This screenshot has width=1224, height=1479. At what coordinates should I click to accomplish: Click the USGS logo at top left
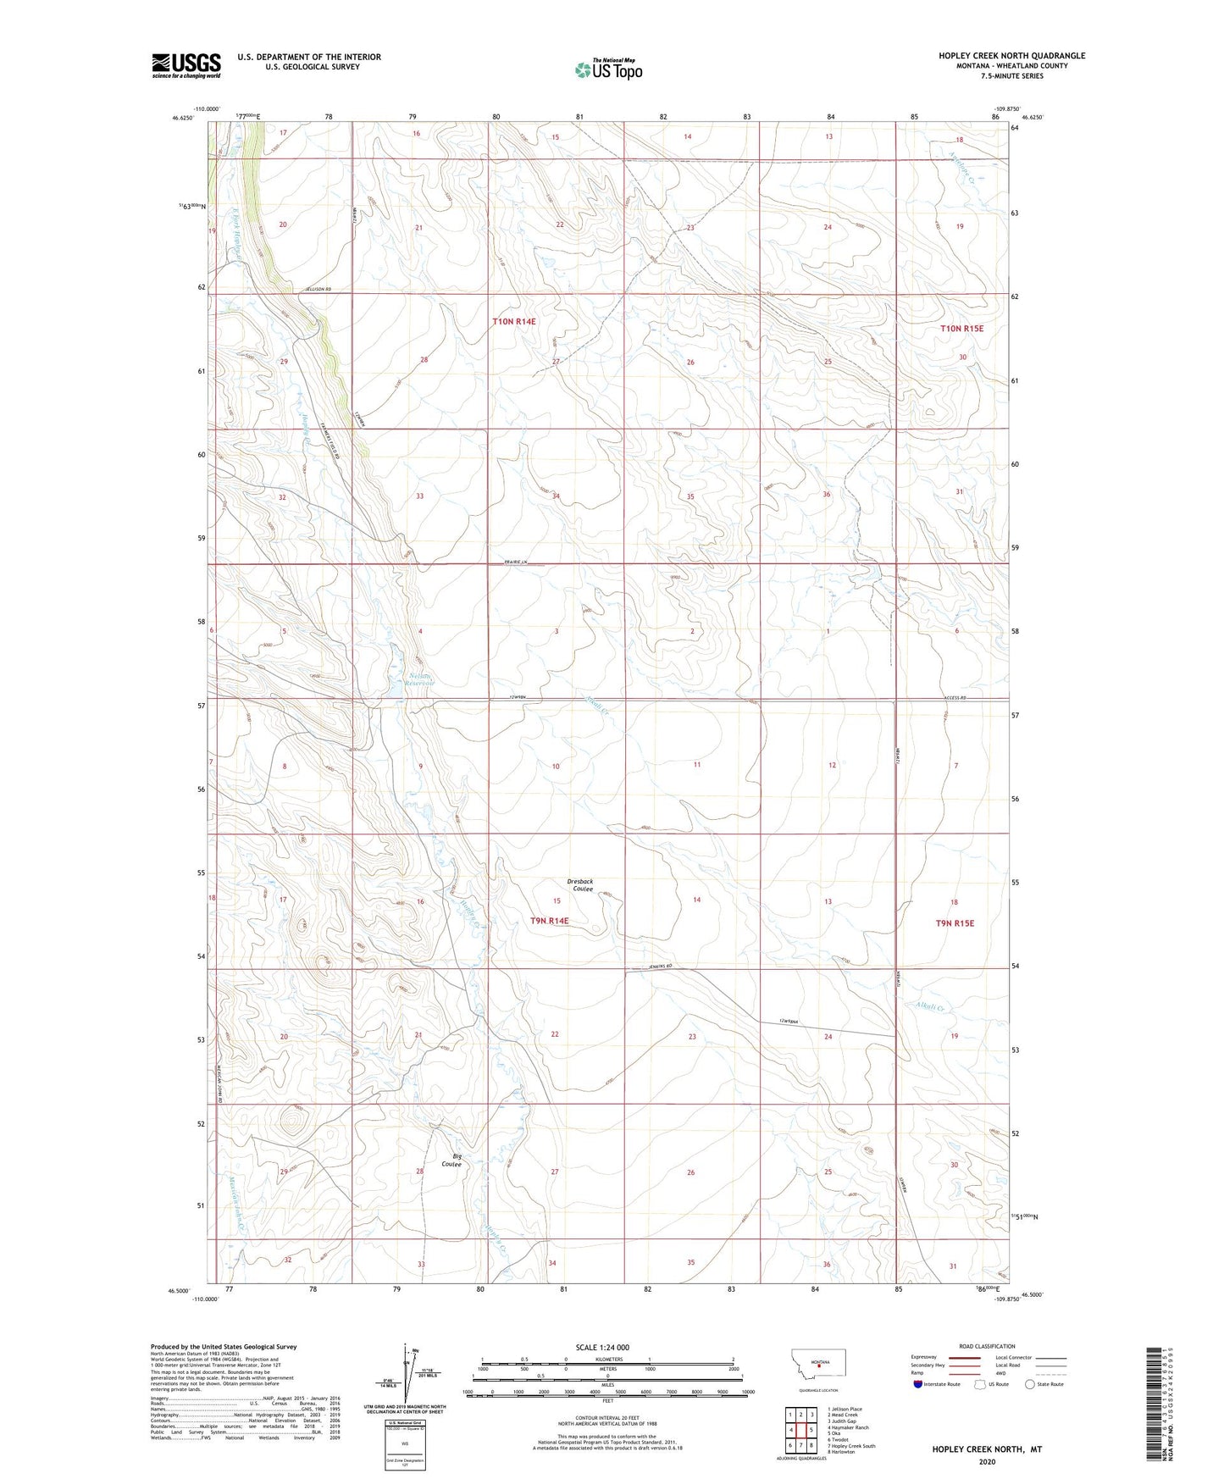pos(186,65)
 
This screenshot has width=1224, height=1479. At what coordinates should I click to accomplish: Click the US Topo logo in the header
pos(607,69)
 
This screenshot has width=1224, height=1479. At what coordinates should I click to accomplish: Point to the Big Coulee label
pos(452,1160)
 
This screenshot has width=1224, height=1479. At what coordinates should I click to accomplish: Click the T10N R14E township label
pos(514,322)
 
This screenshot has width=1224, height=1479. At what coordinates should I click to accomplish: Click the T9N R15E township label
pos(954,923)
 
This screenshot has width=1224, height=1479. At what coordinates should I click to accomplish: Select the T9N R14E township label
pos(550,920)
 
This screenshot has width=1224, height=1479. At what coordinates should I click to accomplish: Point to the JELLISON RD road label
pos(318,291)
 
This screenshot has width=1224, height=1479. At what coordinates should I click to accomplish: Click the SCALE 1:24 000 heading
pos(602,1347)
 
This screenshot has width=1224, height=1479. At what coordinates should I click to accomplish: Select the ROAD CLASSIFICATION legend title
pos(987,1346)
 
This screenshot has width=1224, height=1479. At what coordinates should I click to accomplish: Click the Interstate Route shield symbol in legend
pos(918,1385)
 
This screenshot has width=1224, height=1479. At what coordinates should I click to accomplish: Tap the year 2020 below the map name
pos(987,1461)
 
